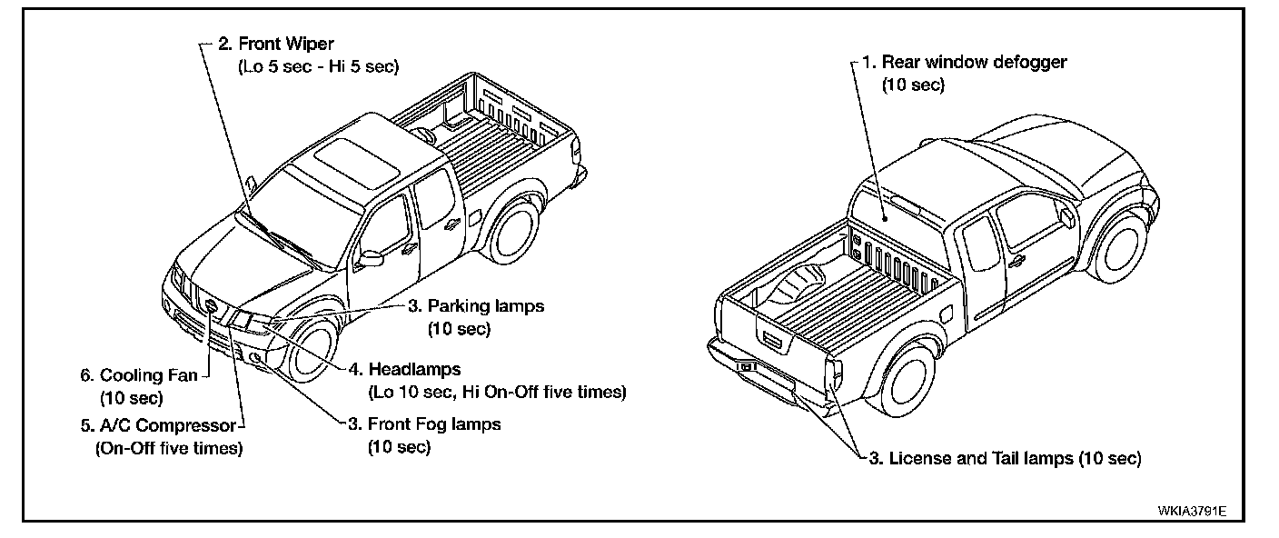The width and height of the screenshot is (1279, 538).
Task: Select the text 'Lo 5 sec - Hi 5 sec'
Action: pyautogui.click(x=317, y=66)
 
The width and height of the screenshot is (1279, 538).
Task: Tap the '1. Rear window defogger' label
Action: pyautogui.click(x=964, y=63)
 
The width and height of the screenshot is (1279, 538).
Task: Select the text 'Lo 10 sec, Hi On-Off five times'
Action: pyautogui.click(x=497, y=393)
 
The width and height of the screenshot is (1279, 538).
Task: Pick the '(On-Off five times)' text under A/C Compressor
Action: pyautogui.click(x=169, y=448)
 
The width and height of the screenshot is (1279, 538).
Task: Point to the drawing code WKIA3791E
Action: pyautogui.click(x=1192, y=511)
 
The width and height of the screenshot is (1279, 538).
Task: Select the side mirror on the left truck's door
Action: pyautogui.click(x=369, y=259)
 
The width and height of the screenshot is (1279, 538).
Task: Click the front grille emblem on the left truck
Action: pyautogui.click(x=212, y=306)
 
